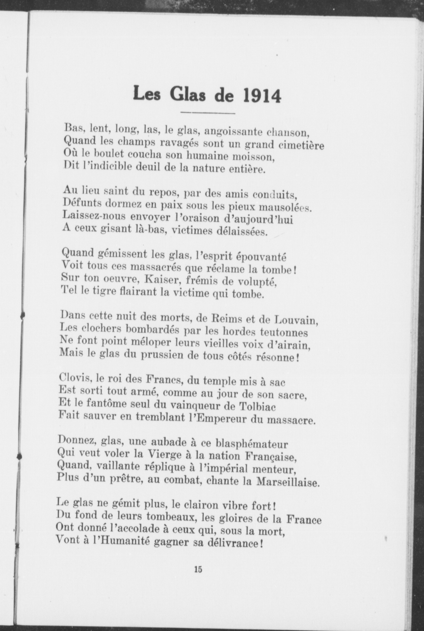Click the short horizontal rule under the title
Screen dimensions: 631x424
tap(207, 113)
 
